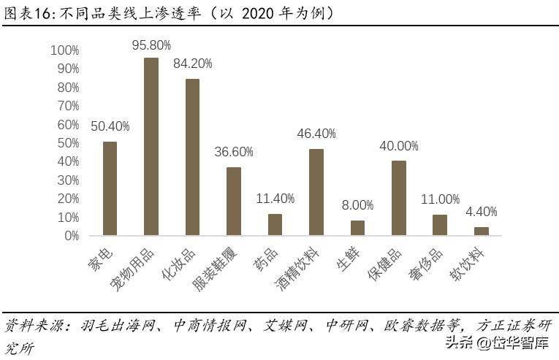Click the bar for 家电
coord(110,188)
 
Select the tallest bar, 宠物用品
coord(151,146)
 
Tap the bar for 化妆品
coord(192,157)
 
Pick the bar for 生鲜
coord(357,228)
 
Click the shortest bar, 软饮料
coord(481,231)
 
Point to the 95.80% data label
coord(151,45)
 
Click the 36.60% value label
coord(234,153)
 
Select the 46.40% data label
coord(316,134)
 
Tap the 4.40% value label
coord(481,212)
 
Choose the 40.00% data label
coord(399,146)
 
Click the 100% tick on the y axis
coord(66,50)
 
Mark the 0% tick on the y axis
coord(72,236)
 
